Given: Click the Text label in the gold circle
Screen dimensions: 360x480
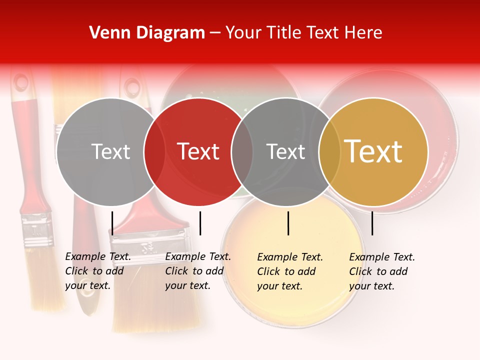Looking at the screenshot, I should click(373, 151).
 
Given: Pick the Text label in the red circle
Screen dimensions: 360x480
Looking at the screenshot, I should click(198, 151).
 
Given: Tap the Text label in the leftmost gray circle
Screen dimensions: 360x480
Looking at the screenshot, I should click(110, 151).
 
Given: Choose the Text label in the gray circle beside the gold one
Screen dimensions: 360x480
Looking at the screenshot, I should click(285, 151).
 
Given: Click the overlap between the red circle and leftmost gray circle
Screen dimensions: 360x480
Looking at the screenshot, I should click(154, 151).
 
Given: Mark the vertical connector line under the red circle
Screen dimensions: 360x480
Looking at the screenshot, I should click(200, 223).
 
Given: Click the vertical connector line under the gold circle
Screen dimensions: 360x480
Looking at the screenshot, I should click(372, 223).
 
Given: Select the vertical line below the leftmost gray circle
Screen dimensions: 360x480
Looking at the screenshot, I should click(112, 223).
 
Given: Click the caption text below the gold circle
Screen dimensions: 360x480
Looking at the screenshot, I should click(381, 271).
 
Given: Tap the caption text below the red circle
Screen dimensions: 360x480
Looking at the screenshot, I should click(197, 271).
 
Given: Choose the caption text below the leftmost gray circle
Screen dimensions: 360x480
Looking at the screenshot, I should click(97, 271).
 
